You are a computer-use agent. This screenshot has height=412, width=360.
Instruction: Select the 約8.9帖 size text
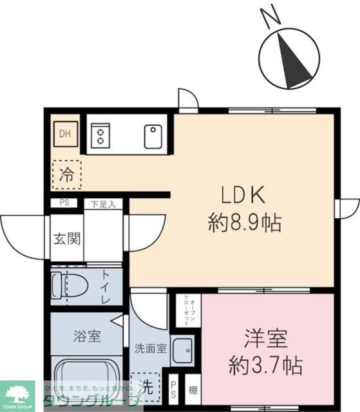pos(244,223)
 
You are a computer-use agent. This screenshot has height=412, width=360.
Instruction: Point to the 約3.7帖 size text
pos(265,367)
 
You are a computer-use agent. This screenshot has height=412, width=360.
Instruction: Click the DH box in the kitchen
pos(65,135)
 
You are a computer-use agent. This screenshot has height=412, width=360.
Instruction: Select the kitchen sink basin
pos(153,136)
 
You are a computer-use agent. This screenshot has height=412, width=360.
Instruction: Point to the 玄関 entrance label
pos(66,239)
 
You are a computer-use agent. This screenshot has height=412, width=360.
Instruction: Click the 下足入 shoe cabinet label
pos(102,204)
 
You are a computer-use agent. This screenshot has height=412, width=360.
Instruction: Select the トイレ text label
pos(105,288)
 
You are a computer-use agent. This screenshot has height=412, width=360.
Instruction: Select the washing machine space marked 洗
pos(147,386)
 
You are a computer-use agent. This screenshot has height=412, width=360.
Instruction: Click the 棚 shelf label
pos(192,389)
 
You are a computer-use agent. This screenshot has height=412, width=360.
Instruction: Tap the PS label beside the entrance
pos(64,203)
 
